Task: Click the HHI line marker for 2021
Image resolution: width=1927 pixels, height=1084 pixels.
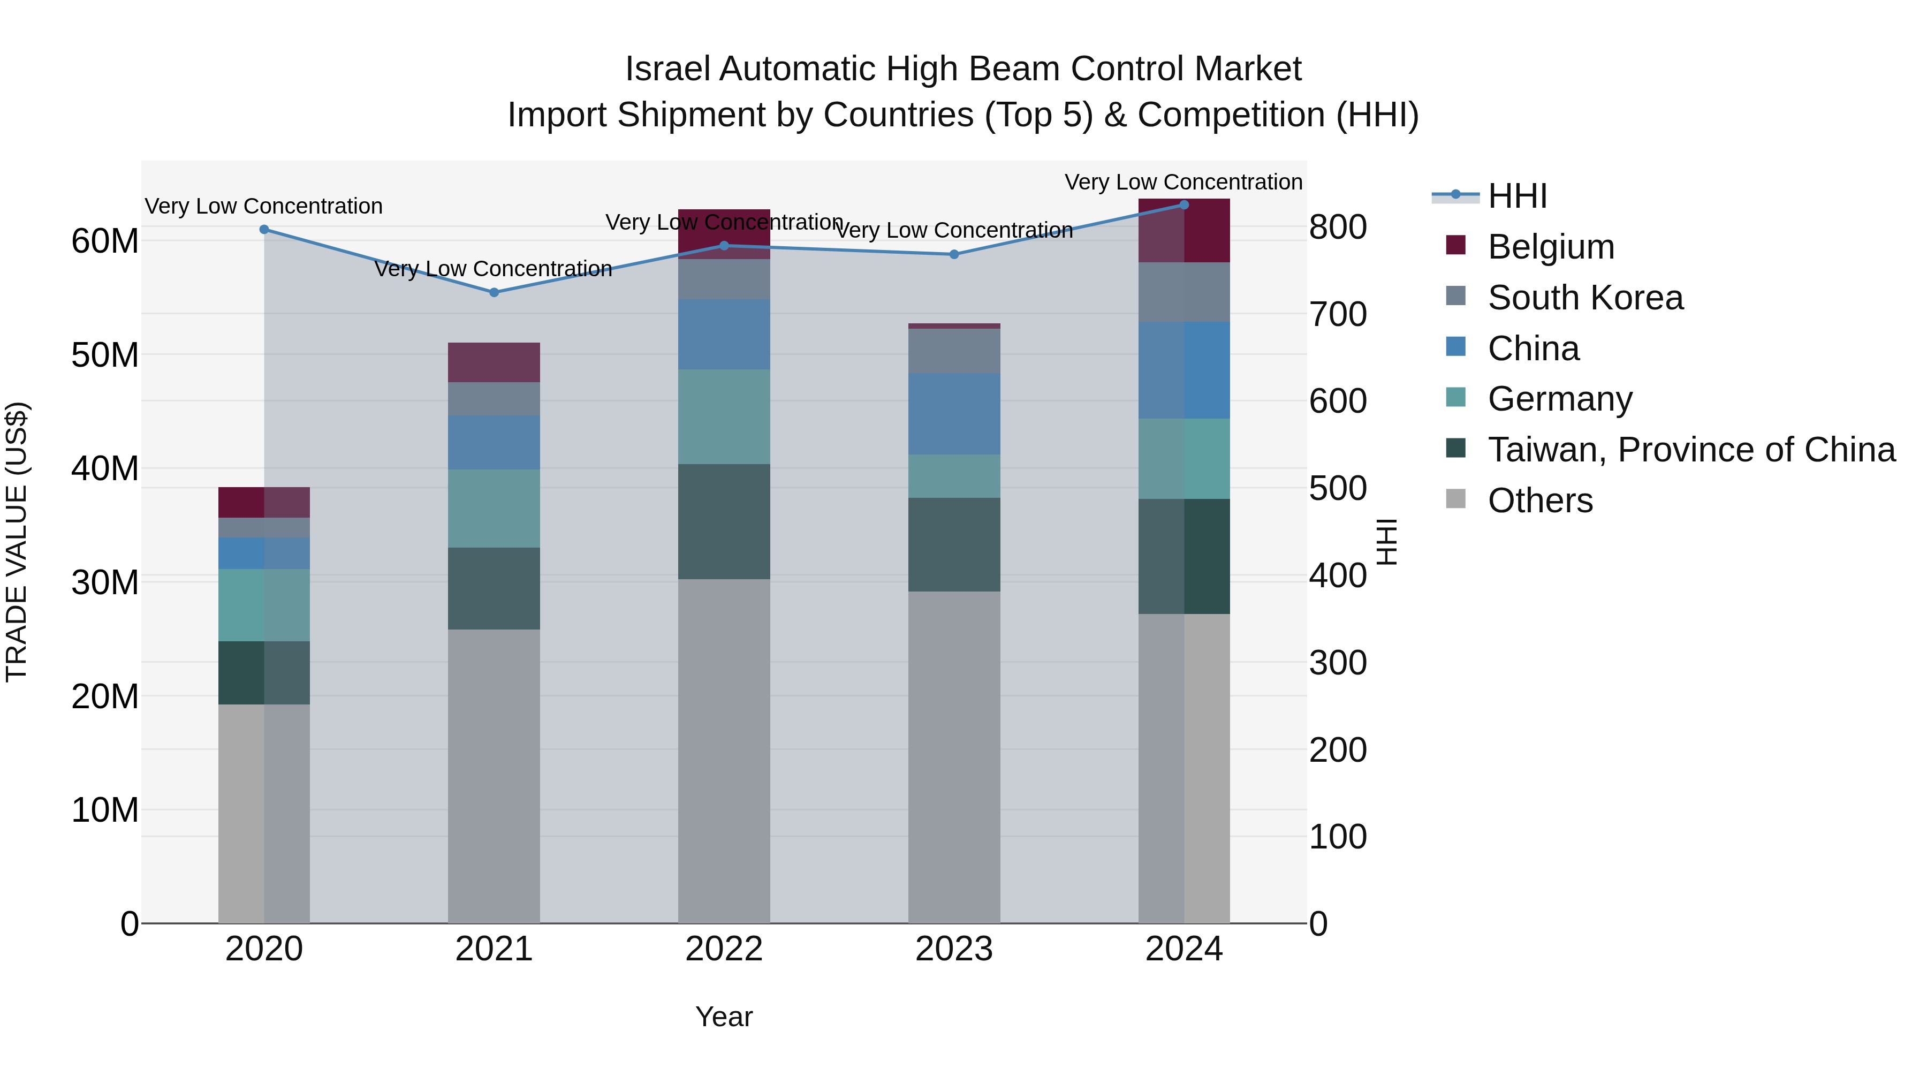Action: tap(494, 292)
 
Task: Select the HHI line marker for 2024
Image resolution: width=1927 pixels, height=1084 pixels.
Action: tap(1183, 205)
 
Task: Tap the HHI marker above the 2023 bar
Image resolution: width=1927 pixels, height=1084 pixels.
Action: tap(954, 254)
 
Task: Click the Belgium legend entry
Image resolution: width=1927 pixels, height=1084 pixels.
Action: tap(1550, 247)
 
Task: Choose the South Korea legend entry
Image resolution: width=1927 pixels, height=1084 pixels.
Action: tap(1584, 298)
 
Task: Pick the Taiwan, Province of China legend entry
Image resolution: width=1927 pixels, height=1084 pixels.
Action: tap(1690, 450)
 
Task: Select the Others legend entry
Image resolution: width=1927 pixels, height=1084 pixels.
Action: tap(1539, 501)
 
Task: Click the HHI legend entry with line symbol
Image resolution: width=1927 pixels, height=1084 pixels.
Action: tap(1516, 196)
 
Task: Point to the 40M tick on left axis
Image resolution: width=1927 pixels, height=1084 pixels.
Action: tap(105, 469)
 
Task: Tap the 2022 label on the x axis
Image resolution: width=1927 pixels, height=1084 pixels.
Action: tap(723, 949)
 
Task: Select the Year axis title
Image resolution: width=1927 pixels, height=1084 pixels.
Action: tap(723, 1017)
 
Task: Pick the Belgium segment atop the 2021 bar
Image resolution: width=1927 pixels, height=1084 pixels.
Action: tap(494, 363)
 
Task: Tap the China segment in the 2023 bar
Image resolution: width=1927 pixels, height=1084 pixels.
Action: tap(954, 414)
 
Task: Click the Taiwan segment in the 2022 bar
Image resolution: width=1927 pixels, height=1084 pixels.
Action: tap(723, 521)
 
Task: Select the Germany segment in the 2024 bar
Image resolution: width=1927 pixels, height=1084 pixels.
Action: tap(1183, 459)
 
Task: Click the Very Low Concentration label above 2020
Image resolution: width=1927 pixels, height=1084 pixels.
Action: tap(263, 207)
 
